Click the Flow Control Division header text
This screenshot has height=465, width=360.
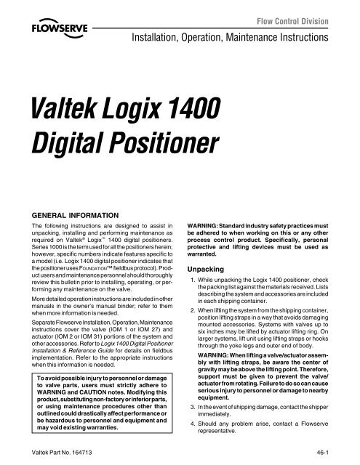308,13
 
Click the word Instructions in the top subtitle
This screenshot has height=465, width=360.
315,34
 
